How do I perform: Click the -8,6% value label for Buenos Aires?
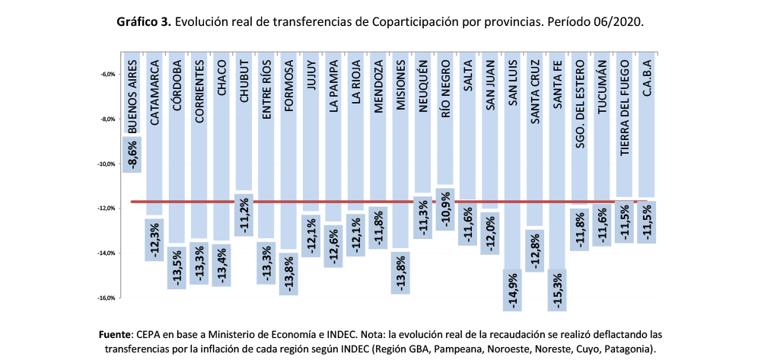132,155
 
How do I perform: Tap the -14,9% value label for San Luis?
513,290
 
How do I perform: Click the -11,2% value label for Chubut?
244,214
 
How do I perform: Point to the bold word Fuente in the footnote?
116,334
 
